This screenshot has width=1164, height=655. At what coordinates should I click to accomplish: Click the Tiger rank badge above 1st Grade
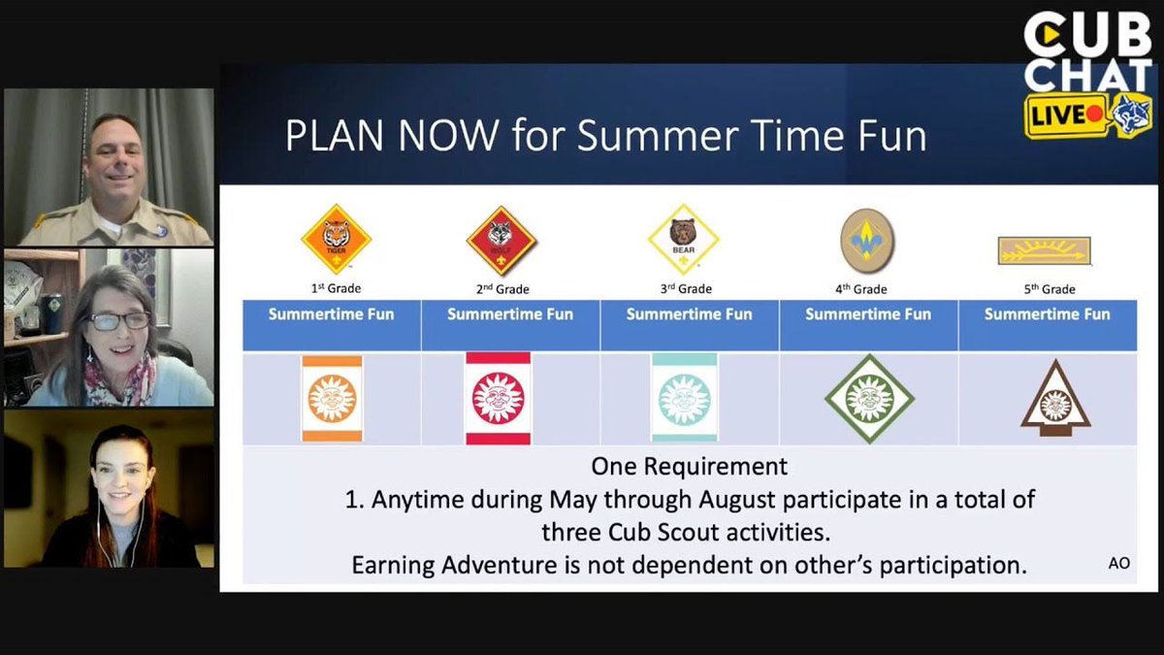click(336, 240)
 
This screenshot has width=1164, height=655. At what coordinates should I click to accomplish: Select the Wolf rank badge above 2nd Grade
click(501, 240)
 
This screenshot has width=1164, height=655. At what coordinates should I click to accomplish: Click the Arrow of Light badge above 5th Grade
click(1044, 251)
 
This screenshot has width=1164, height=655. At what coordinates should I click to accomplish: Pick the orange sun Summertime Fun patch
click(332, 399)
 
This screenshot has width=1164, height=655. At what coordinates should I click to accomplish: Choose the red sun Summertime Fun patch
click(498, 398)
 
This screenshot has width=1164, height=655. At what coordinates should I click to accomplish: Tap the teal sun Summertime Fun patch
click(684, 398)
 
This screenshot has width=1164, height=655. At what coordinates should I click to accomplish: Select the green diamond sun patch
click(869, 398)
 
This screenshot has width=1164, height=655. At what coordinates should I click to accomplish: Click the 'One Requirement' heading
click(689, 466)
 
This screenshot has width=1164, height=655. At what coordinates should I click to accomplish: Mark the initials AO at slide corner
click(1118, 564)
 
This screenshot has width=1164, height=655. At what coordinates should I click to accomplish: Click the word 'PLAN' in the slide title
click(333, 137)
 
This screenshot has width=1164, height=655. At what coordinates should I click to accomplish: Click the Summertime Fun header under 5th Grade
click(1047, 314)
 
